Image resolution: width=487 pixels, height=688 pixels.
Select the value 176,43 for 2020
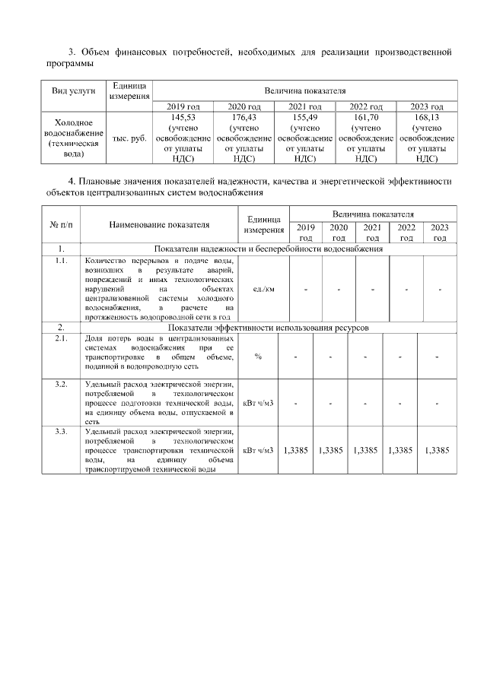(x=244, y=118)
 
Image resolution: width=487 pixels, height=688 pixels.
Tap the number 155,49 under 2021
(x=304, y=118)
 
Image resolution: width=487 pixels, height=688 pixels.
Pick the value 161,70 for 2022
(x=365, y=118)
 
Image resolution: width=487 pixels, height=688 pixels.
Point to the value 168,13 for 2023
(x=426, y=118)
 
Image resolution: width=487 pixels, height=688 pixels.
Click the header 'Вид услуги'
(x=74, y=90)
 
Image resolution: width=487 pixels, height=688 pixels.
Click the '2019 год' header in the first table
(x=183, y=106)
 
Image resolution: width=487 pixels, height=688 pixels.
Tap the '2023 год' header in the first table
(x=426, y=106)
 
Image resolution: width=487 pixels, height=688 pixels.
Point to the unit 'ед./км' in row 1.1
(x=263, y=289)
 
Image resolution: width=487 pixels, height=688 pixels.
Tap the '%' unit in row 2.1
(x=258, y=357)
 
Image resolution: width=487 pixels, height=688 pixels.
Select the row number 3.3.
(x=60, y=432)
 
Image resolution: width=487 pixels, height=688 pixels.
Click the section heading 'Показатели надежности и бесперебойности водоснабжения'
(x=268, y=249)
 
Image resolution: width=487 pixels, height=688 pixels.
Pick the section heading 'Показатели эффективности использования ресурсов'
(x=268, y=327)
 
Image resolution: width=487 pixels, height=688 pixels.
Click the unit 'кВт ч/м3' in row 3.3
(x=258, y=451)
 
